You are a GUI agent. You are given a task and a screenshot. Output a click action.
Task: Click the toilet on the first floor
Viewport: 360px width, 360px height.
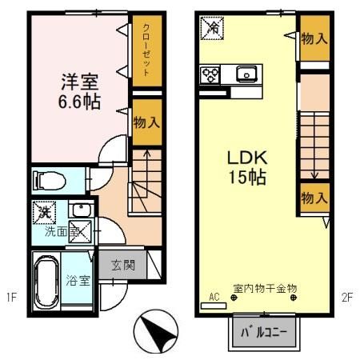[50, 181]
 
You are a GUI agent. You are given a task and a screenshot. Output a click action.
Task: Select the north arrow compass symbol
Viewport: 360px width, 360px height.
[156, 331]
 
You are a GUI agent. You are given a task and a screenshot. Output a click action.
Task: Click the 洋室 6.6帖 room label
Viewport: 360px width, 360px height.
[79, 91]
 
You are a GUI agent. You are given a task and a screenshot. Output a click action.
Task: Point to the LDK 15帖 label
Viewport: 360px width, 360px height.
[247, 167]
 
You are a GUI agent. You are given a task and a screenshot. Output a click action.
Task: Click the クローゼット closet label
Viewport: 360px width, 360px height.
[146, 50]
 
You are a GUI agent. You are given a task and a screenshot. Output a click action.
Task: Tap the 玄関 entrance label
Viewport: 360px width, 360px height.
[123, 266]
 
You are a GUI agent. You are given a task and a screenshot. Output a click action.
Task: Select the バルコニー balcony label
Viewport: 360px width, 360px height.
[264, 332]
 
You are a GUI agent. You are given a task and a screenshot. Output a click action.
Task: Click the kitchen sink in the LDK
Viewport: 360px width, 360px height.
[246, 74]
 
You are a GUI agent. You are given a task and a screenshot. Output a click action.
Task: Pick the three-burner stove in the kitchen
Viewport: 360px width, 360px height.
[210, 74]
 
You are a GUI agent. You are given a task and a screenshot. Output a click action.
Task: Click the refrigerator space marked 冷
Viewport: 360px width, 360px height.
[212, 28]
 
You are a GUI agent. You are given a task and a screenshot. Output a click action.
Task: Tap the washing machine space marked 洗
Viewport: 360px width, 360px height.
[44, 213]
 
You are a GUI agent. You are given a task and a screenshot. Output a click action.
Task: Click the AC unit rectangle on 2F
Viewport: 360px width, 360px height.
[214, 306]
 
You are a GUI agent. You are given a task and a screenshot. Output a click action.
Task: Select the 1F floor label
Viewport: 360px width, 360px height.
[12, 297]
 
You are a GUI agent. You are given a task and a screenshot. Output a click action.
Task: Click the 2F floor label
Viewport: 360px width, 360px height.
[347, 297]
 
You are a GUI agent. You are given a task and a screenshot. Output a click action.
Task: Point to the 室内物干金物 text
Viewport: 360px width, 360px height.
[265, 288]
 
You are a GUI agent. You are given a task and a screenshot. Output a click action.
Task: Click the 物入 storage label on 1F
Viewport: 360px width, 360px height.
[146, 122]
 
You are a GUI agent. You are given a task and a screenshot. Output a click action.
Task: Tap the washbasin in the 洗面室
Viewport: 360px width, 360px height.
[82, 210]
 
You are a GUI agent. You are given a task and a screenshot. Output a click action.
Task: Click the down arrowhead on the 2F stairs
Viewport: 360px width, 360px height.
[314, 176]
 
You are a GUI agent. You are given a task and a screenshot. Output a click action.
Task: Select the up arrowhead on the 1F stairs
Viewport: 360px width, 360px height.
[146, 154]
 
